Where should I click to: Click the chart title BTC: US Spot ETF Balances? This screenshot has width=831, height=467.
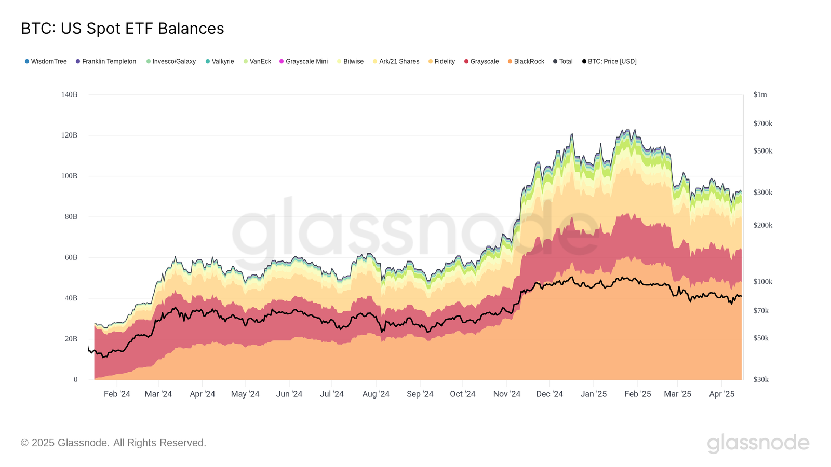pyautogui.click(x=123, y=29)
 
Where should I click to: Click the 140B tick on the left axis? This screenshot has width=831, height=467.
pyautogui.click(x=69, y=94)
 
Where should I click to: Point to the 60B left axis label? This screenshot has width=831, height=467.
pyautogui.click(x=71, y=257)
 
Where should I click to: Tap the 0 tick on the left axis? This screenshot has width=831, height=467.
pyautogui.click(x=75, y=380)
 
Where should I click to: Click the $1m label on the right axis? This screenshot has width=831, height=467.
pyautogui.click(x=760, y=94)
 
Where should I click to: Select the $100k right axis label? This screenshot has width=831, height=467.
pyautogui.click(x=762, y=282)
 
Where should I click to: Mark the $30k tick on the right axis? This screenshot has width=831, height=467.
pyautogui.click(x=761, y=380)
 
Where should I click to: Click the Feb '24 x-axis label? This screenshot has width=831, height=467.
pyautogui.click(x=117, y=394)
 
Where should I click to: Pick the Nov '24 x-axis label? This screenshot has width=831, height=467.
pyautogui.click(x=506, y=394)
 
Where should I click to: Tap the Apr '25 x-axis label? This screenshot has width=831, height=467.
pyautogui.click(x=721, y=394)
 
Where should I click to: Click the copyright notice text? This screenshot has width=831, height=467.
pyautogui.click(x=113, y=443)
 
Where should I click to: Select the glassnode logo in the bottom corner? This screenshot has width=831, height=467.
pyautogui.click(x=758, y=443)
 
